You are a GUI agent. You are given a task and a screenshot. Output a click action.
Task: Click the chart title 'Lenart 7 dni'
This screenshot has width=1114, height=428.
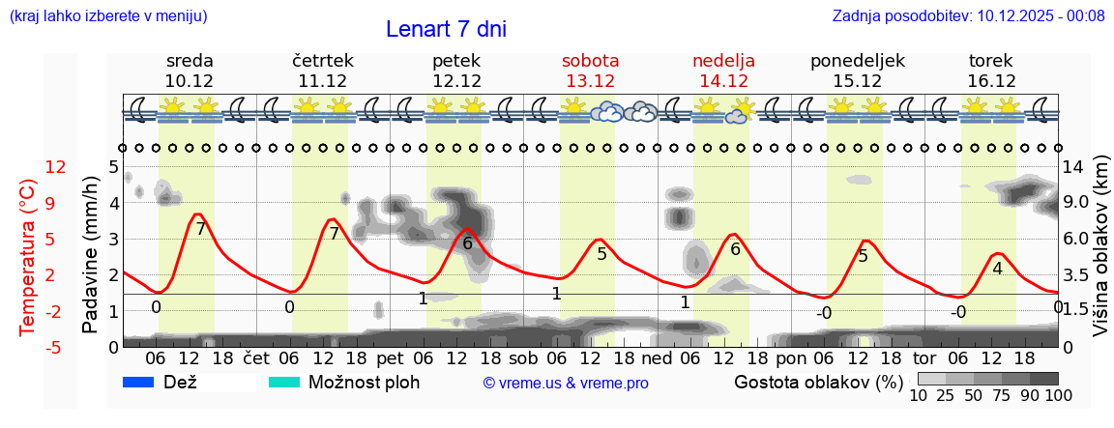pyautogui.click(x=446, y=29)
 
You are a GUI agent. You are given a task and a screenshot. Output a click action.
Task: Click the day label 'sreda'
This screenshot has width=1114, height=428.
pyautogui.click(x=190, y=61)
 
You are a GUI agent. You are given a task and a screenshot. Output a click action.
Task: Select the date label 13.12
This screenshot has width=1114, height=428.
pyautogui.click(x=590, y=81)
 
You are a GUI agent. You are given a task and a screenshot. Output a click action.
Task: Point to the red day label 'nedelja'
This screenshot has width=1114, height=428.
pyautogui.click(x=723, y=61)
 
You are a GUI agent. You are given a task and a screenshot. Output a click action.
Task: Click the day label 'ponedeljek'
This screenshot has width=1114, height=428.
pyautogui.click(x=857, y=61)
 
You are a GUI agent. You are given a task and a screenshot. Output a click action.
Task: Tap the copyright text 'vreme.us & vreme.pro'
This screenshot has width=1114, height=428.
pyautogui.click(x=566, y=384)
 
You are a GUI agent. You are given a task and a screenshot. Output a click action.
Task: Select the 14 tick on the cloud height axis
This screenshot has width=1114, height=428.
pyautogui.click(x=1075, y=167)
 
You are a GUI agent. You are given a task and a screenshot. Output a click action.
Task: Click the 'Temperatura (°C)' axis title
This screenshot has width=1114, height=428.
pyautogui.click(x=28, y=256)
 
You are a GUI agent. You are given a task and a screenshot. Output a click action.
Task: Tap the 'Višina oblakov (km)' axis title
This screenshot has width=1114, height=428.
pyautogui.click(x=1101, y=256)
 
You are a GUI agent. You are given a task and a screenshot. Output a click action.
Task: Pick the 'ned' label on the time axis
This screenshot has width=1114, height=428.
pyautogui.click(x=658, y=357)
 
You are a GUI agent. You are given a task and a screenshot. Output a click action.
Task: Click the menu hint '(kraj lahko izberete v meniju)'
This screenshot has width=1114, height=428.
pyautogui.click(x=107, y=15)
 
